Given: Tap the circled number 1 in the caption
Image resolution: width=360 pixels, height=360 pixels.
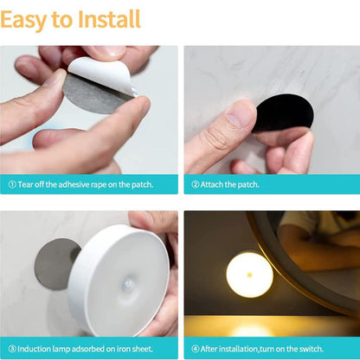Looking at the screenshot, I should coord(11,184).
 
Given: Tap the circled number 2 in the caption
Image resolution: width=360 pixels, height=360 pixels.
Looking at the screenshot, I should coord(196,184).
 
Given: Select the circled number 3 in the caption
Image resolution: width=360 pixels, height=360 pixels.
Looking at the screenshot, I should coord(11,348).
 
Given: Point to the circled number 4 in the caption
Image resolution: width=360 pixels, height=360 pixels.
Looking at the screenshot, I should coord(196,348).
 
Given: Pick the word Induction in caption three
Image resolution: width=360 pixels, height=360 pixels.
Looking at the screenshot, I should coord(34,348).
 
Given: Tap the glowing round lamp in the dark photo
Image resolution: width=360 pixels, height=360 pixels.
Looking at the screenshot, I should coord(249,274).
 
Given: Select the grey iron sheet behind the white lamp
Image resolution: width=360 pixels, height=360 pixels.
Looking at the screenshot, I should coord(54,263).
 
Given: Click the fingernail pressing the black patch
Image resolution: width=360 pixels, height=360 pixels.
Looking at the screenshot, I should coord(241,115).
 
